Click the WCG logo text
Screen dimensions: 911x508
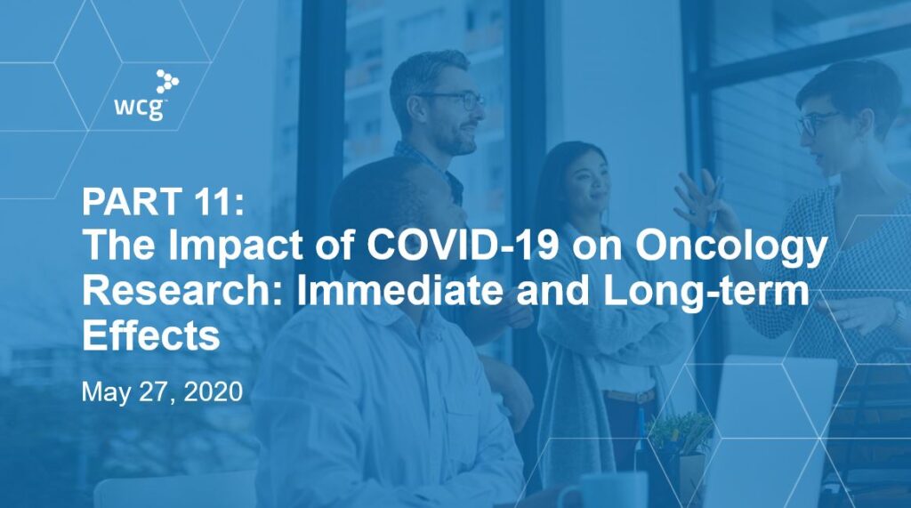point(141,109)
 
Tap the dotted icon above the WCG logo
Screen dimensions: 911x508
point(167,81)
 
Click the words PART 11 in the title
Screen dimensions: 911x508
point(164,201)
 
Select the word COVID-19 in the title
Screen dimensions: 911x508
point(463,245)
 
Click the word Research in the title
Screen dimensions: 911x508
point(184,291)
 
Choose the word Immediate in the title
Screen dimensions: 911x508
point(399,291)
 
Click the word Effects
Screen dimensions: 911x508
point(151,335)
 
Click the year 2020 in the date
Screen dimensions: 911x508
point(213,391)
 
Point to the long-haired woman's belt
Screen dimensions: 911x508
point(630,397)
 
